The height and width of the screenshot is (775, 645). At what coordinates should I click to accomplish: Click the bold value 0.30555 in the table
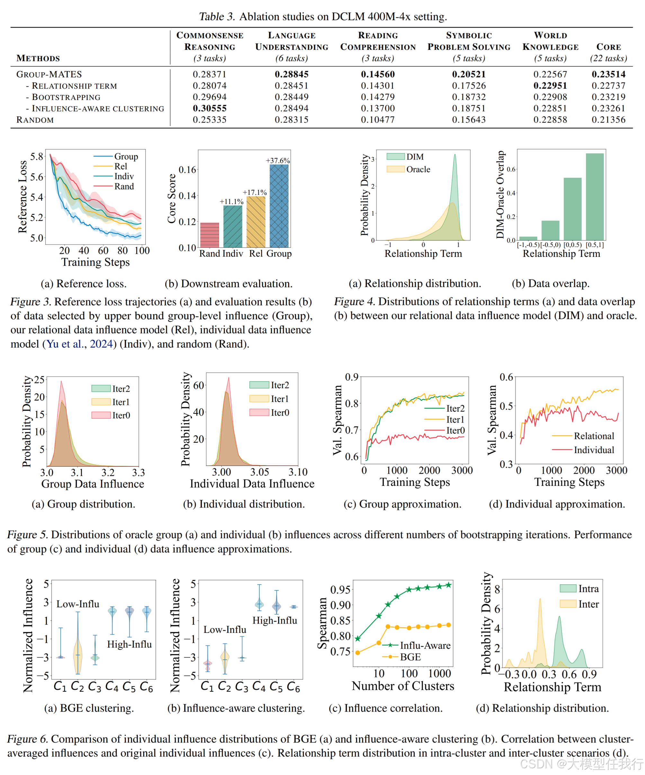[210, 108]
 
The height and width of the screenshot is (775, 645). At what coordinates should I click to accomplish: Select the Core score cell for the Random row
[608, 120]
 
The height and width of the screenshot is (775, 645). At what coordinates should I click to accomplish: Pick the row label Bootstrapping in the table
[66, 97]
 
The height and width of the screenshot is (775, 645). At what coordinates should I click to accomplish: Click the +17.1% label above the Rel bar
[255, 192]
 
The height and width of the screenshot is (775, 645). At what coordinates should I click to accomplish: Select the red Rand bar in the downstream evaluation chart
[210, 235]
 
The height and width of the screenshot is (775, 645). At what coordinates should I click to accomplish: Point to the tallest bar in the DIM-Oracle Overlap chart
[595, 197]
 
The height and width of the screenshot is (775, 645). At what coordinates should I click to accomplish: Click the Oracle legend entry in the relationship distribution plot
[418, 169]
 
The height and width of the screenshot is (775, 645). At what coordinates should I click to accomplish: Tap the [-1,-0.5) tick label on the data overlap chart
[528, 245]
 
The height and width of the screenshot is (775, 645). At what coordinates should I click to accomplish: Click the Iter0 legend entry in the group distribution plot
[121, 415]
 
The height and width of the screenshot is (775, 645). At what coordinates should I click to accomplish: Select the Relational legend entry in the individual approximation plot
[594, 436]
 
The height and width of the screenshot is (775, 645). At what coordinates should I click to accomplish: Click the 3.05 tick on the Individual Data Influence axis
[260, 472]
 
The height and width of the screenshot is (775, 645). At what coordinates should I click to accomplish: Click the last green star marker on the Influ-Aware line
[448, 585]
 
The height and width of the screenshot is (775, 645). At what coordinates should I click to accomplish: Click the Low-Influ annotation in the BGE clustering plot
[78, 604]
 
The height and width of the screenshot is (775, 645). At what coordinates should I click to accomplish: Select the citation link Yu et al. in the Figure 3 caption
[64, 344]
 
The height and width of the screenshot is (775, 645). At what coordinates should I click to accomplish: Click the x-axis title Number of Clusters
[403, 686]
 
